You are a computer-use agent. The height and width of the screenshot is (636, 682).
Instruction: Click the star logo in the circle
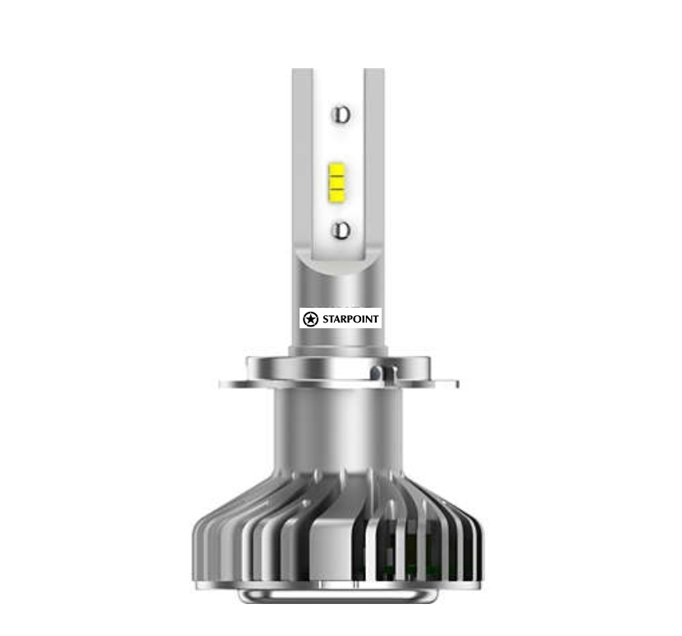click(x=310, y=318)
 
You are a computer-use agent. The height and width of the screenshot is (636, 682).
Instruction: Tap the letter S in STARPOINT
click(x=326, y=318)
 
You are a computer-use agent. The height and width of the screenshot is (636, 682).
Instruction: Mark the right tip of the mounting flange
click(x=455, y=383)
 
